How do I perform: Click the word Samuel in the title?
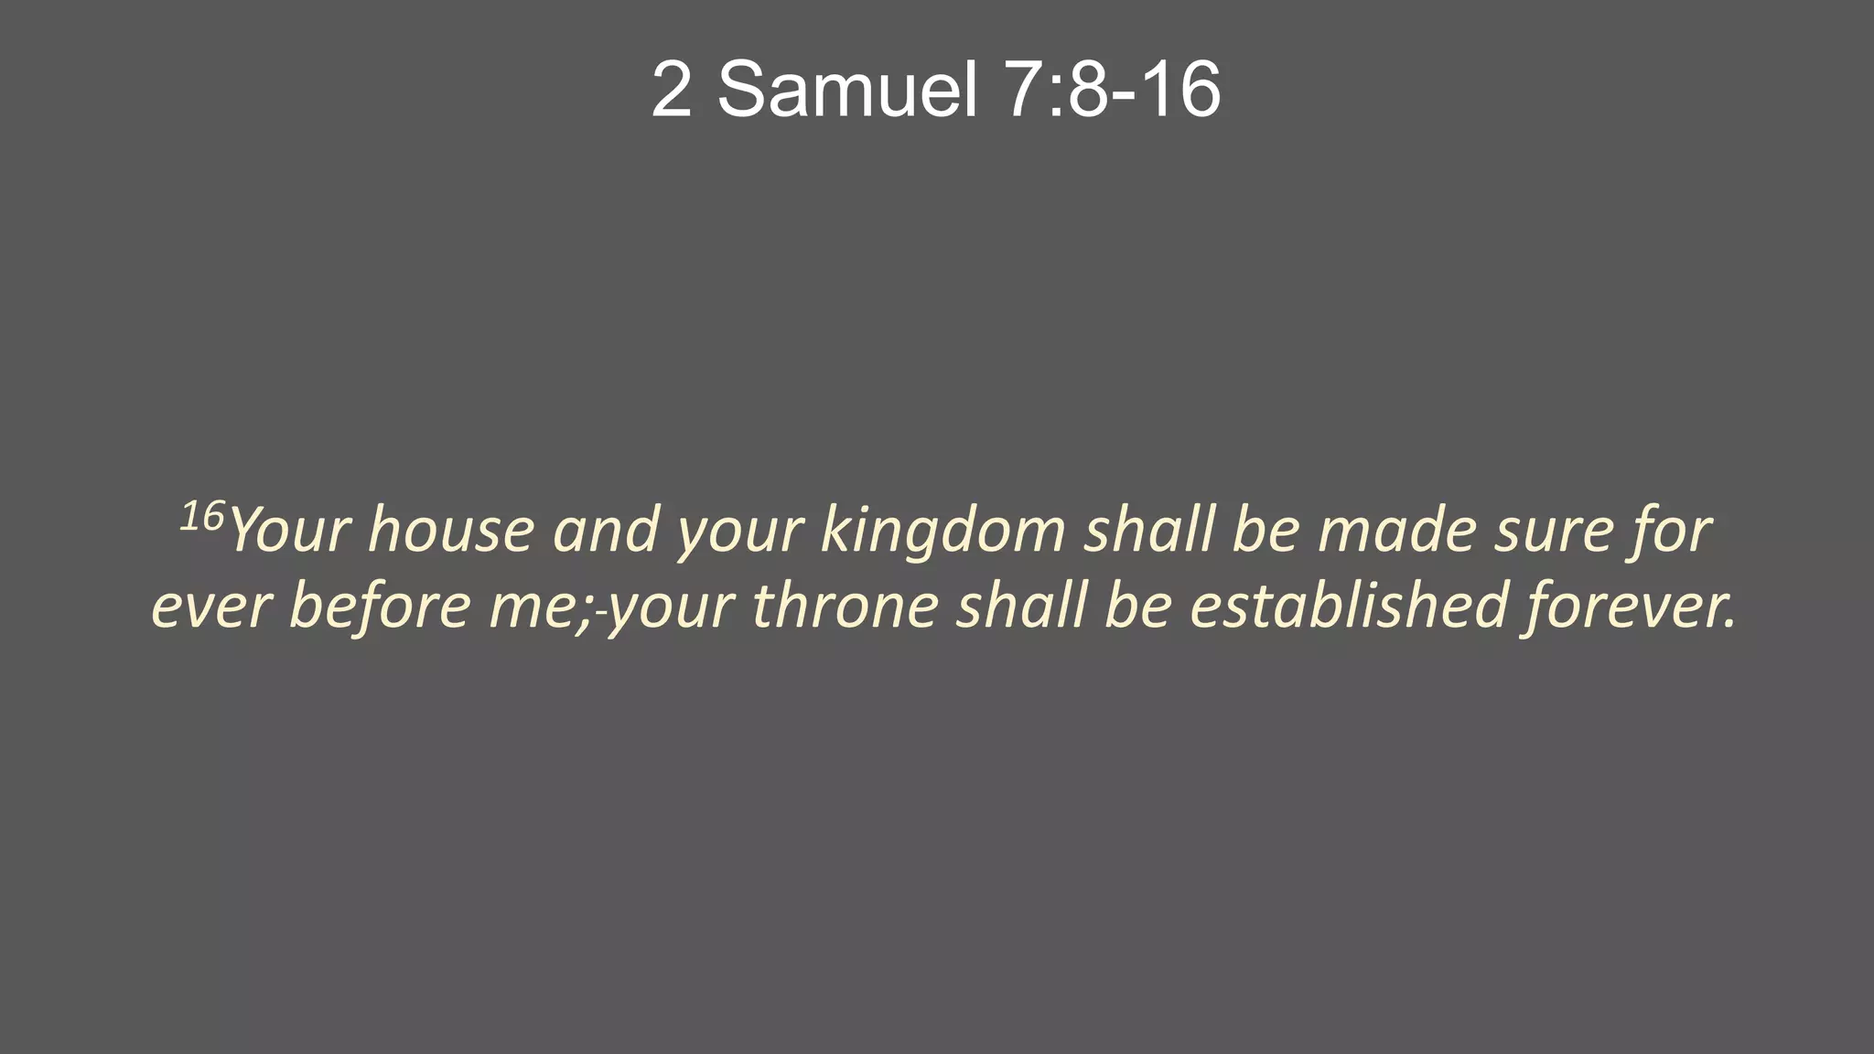tap(847, 90)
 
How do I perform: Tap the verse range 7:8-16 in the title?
tap(1112, 90)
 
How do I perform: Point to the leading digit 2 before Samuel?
tap(671, 90)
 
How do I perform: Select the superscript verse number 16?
tap(201, 517)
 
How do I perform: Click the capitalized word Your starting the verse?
tap(289, 531)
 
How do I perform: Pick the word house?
tap(451, 531)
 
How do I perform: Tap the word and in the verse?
tap(606, 531)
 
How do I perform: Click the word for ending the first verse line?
tap(1670, 531)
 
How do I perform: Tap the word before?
tap(380, 608)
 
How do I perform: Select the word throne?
tap(845, 607)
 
